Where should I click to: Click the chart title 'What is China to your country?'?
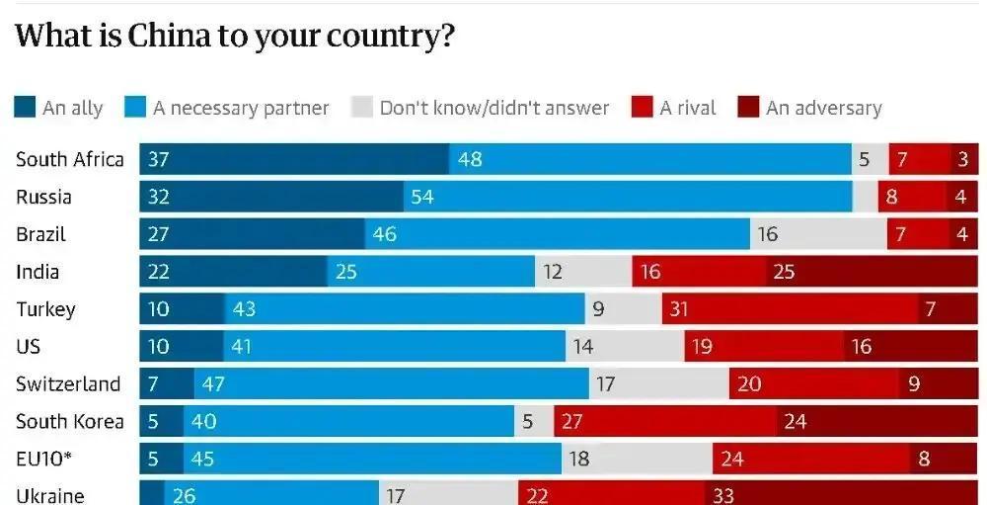(x=235, y=36)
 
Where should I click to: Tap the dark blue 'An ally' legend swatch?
(x=25, y=108)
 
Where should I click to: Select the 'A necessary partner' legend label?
(x=241, y=108)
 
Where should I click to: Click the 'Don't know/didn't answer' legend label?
(x=493, y=108)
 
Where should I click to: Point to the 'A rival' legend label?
(x=688, y=108)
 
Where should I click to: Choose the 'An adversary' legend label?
(x=823, y=108)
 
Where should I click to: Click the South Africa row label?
(x=69, y=159)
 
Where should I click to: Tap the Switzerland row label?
(x=67, y=383)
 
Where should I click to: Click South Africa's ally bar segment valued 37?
(x=294, y=159)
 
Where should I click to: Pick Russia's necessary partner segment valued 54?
(x=628, y=197)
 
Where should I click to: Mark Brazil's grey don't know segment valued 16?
(x=818, y=234)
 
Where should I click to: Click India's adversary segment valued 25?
(x=872, y=272)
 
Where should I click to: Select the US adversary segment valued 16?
(x=910, y=347)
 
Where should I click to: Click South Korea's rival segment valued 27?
(x=665, y=422)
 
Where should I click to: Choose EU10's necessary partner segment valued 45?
(x=372, y=459)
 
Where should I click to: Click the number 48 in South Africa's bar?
(x=470, y=159)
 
